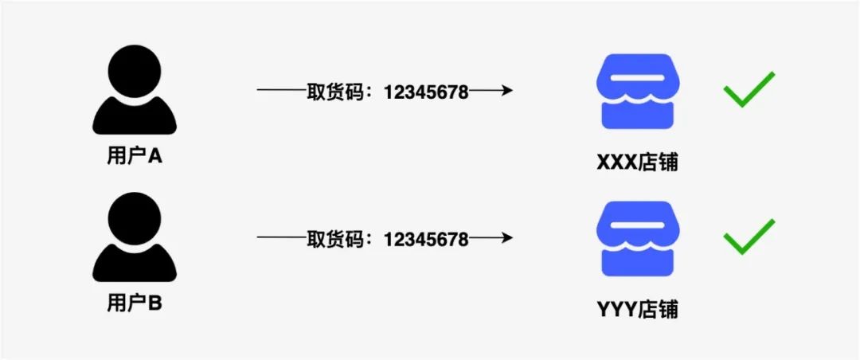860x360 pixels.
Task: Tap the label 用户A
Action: click(x=134, y=156)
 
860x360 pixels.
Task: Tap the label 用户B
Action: click(x=134, y=303)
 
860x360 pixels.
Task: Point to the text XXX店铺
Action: click(x=637, y=162)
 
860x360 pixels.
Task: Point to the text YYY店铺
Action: click(x=637, y=309)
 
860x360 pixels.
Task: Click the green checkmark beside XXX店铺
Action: click(x=748, y=89)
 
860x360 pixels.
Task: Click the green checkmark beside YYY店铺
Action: click(x=748, y=237)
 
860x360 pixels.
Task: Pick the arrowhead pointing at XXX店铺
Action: click(x=504, y=90)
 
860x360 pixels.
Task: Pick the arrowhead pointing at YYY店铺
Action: click(x=504, y=237)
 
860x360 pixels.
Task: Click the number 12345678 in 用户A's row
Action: click(x=426, y=91)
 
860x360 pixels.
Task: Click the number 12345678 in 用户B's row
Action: click(x=426, y=238)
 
